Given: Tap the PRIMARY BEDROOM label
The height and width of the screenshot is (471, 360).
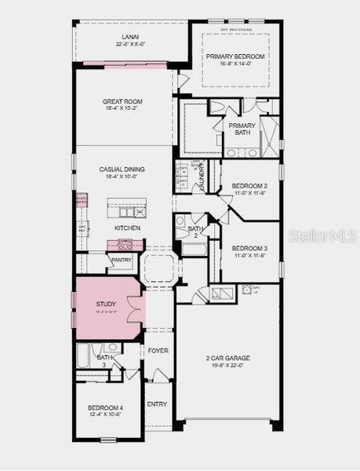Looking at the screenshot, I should pos(232,57).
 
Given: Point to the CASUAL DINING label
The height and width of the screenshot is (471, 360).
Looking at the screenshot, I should pos(122,170).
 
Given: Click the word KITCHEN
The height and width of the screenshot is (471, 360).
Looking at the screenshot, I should pos(127,228).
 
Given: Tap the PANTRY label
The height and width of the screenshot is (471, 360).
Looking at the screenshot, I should pos(121,259).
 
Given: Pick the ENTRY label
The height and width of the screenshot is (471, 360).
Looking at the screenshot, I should pos(157,404).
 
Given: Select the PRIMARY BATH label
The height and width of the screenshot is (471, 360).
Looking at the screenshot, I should pos(242,130).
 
